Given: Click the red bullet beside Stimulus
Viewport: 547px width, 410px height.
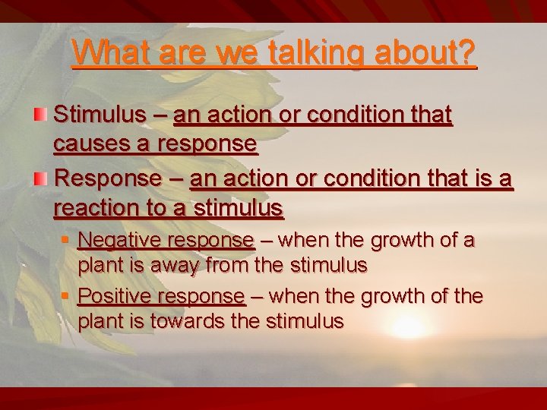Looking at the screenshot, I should coord(43,115).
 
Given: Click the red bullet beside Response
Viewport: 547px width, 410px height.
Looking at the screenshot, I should coord(43,178).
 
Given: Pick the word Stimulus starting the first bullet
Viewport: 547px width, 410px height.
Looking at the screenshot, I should coord(102,115).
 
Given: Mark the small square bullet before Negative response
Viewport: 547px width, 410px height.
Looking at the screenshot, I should coord(67,241).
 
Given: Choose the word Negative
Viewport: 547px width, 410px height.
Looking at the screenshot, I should coord(119,241).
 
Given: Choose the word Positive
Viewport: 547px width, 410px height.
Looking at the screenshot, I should coord(115,295).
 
